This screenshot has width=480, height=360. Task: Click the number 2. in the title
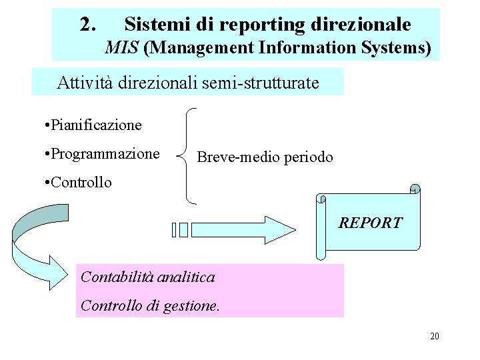tap(87, 25)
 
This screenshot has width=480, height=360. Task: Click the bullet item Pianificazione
tap(91, 125)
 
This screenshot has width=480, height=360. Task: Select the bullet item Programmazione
tap(100, 154)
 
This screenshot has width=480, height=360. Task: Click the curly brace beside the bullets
tap(187, 155)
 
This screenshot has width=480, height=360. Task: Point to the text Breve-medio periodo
tap(265, 157)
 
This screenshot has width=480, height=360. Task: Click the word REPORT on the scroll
tap(371, 223)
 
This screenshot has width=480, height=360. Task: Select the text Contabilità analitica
tap(147, 277)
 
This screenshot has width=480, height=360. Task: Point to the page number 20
tap(434, 336)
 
